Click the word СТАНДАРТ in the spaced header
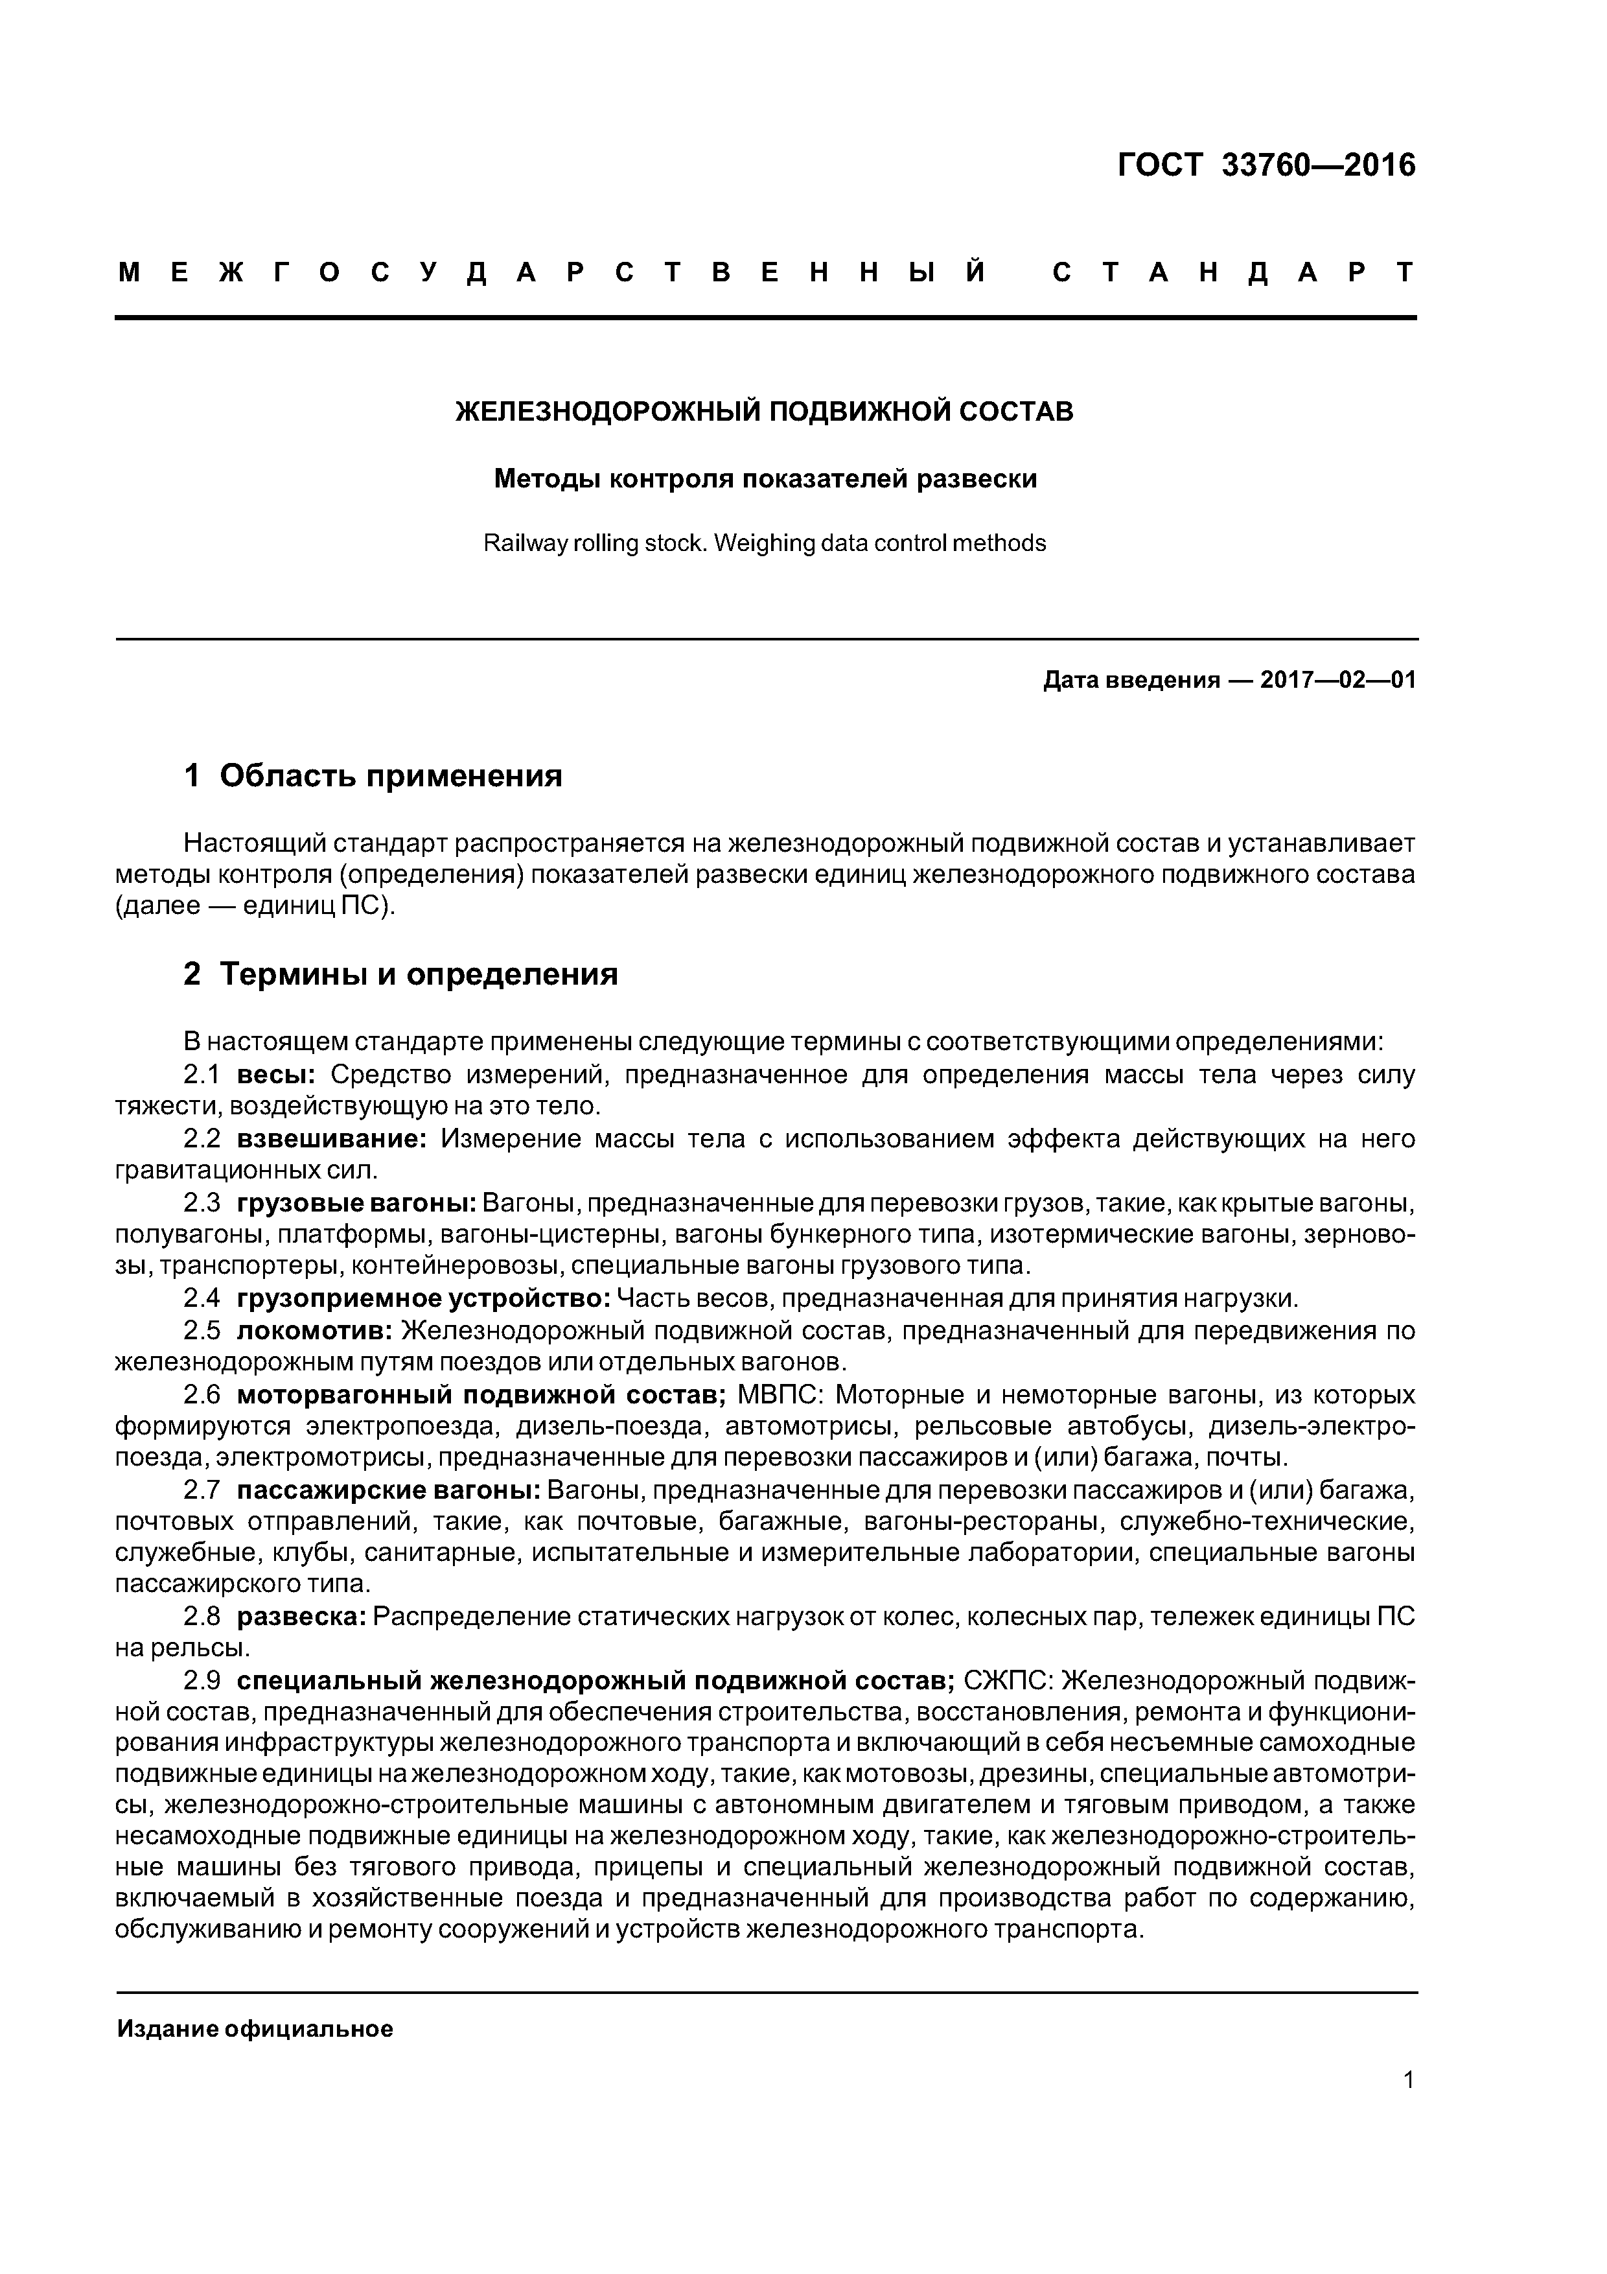pyautogui.click(x=1232, y=272)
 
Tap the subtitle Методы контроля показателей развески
pyautogui.click(x=765, y=479)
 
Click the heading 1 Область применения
pyautogui.click(x=373, y=775)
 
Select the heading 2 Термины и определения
pyautogui.click(x=401, y=974)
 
